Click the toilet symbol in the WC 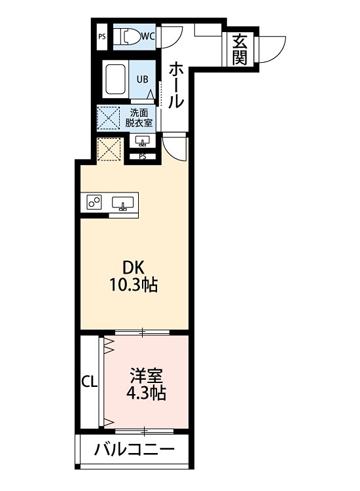[127, 37]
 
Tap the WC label [148, 37]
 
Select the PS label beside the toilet [102, 37]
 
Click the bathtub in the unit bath [116, 79]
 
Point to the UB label [143, 79]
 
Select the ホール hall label [175, 85]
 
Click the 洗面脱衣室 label [139, 117]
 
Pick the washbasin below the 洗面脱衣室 [143, 141]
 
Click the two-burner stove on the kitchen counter [94, 202]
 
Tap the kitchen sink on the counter [123, 203]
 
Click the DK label [133, 268]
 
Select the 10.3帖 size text [133, 285]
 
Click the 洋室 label [146, 376]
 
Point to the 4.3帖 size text [146, 393]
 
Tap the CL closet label [90, 382]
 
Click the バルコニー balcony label [134, 450]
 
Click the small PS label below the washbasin [143, 157]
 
